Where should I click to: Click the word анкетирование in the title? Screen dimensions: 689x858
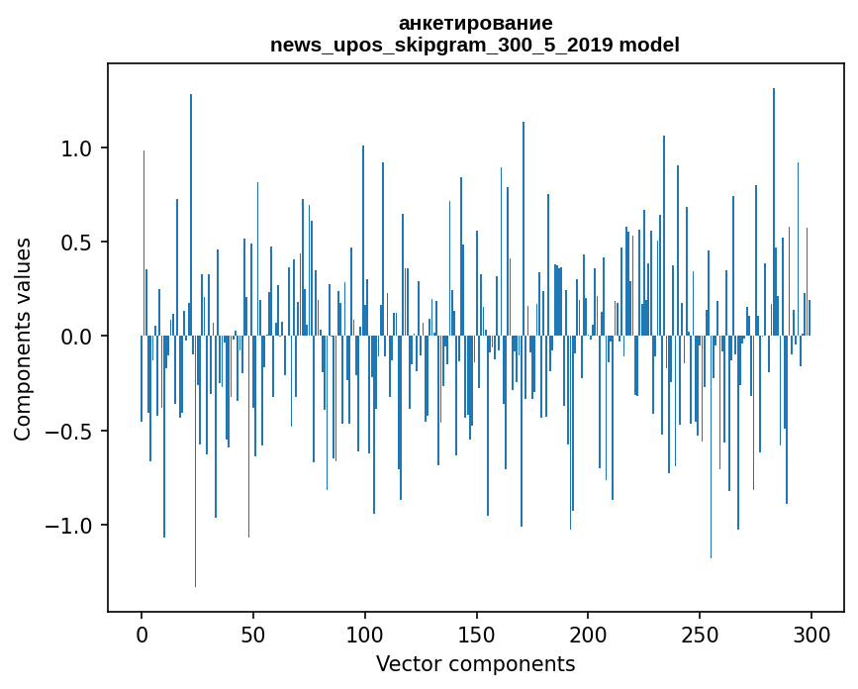coord(475,23)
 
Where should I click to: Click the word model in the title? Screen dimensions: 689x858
coord(649,46)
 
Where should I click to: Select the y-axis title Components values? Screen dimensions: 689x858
coord(23,338)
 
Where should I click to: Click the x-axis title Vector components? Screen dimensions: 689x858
coord(475,663)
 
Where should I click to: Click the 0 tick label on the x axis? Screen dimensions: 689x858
coord(142,634)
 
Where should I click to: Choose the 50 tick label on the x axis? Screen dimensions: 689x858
coord(253,634)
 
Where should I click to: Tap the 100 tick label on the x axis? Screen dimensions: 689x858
coord(365,634)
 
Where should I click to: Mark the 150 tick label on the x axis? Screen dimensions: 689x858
coord(477,634)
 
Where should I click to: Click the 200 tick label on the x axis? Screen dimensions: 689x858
coord(589,634)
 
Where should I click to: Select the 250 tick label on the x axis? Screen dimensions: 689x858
coord(700,634)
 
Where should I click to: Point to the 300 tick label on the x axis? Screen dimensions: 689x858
coord(811,634)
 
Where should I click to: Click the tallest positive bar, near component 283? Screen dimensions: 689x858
coord(774,198)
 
